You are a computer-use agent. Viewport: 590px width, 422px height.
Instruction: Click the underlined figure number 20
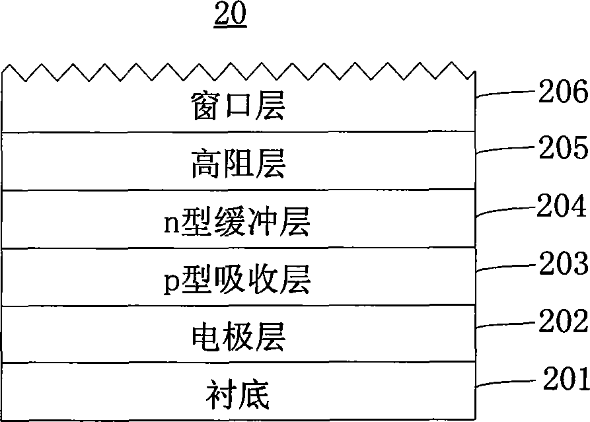click(231, 14)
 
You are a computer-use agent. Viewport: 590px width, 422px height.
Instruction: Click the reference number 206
click(563, 91)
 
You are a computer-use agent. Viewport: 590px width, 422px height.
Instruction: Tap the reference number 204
click(561, 205)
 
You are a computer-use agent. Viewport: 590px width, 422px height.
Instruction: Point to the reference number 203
click(564, 263)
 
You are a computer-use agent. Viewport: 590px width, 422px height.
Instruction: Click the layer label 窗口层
click(238, 106)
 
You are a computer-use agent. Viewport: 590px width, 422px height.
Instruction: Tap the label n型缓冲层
click(237, 221)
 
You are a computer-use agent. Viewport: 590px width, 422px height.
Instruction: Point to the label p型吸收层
click(237, 279)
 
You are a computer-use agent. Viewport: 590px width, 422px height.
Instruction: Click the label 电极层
click(239, 337)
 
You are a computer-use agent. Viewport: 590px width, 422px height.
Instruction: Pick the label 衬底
click(238, 394)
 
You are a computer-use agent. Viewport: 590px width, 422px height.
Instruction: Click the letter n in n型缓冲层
click(172, 224)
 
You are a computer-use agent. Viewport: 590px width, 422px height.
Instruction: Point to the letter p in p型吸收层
click(172, 284)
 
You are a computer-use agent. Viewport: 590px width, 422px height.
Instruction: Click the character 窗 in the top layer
click(205, 106)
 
